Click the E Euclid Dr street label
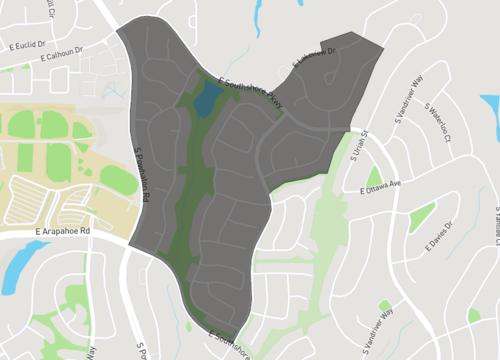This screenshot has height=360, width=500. [x=27, y=45]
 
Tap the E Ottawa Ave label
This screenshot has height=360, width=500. [x=379, y=186]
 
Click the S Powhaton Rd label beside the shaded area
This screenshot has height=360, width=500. [x=141, y=175]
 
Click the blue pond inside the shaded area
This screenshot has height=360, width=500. [x=207, y=99]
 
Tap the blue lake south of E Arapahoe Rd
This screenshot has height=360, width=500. [x=17, y=265]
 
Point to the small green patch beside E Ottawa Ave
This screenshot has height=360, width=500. [x=375, y=177]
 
